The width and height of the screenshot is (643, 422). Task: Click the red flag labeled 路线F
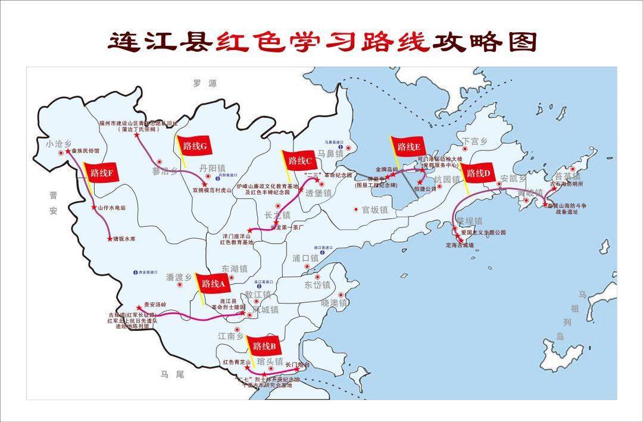[x=102, y=173]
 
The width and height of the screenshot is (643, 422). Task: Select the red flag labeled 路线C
[x=300, y=160]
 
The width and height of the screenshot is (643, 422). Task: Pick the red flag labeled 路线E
[x=408, y=147]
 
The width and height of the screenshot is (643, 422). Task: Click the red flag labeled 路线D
[x=479, y=173]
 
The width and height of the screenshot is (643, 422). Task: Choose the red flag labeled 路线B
[x=264, y=346]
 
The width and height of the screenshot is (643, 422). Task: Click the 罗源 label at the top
[x=204, y=84]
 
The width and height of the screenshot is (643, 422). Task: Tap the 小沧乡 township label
[x=58, y=143]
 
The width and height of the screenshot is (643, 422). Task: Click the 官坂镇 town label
[x=374, y=210]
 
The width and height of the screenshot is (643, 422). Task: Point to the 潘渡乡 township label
[x=179, y=277]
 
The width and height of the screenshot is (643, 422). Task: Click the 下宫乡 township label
[x=475, y=141]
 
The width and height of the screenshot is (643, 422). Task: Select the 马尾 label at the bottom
[x=172, y=374]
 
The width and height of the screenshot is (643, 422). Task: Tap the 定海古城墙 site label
[x=460, y=245]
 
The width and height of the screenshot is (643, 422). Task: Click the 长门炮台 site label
[x=298, y=364]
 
